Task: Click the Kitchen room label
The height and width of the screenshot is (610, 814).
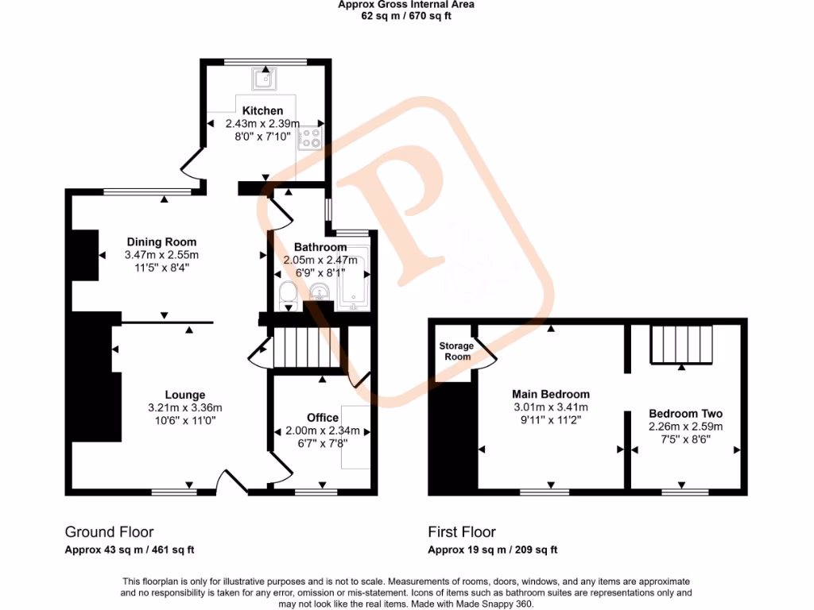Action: [x=262, y=110]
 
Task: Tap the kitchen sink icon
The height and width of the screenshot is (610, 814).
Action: [x=263, y=79]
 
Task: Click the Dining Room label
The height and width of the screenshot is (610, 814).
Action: [x=161, y=241]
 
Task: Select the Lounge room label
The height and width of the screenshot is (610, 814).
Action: [x=185, y=395]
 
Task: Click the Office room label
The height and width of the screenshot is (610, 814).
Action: [x=323, y=418]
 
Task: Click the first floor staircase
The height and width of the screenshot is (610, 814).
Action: [x=681, y=342]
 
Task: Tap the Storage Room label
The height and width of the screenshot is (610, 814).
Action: [x=456, y=351]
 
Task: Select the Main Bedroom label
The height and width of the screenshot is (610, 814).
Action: [x=551, y=394]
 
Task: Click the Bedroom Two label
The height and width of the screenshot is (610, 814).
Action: [x=685, y=414]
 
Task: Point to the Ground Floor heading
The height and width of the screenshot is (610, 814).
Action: [x=109, y=532]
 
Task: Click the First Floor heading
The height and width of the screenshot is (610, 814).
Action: [x=462, y=532]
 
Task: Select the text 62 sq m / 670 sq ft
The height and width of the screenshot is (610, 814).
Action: [x=405, y=16]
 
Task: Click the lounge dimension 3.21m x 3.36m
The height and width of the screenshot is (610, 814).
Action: [x=185, y=407]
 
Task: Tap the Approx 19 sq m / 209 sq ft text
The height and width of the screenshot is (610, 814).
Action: [x=493, y=550]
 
